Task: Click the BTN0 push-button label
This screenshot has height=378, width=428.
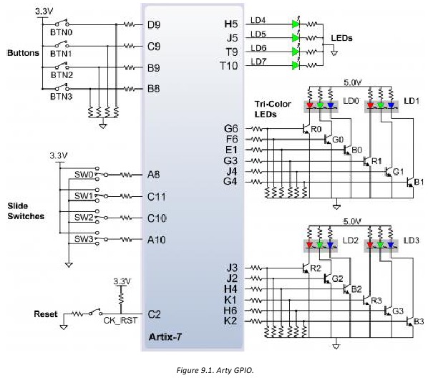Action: coord(62,32)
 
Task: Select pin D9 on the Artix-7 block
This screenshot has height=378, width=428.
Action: coord(154,25)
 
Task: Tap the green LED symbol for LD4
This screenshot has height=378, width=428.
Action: coord(296,24)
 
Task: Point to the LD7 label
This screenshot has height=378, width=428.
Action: coord(258,62)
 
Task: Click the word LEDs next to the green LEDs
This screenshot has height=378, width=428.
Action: coord(341,38)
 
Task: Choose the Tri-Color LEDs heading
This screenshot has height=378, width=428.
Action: coord(273,109)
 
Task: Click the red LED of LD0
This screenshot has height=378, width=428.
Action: coord(309,105)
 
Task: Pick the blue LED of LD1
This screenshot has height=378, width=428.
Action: coord(391,105)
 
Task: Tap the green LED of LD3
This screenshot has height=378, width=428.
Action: coord(380,245)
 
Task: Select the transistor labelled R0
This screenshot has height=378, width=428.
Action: coord(306,128)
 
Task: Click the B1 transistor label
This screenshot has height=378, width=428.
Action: coord(419,182)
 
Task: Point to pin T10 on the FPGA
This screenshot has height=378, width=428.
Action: coord(229,66)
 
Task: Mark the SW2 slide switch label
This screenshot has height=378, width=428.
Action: coord(84,218)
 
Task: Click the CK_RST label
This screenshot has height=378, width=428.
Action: coord(120,321)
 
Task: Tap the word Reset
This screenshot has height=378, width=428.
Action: coord(46,314)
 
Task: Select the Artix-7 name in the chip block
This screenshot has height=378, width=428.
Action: coord(165,336)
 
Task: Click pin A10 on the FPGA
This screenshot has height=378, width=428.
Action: coord(157,240)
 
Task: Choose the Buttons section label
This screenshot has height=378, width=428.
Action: coord(23,53)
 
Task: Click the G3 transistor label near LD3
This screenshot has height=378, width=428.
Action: coord(398,311)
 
